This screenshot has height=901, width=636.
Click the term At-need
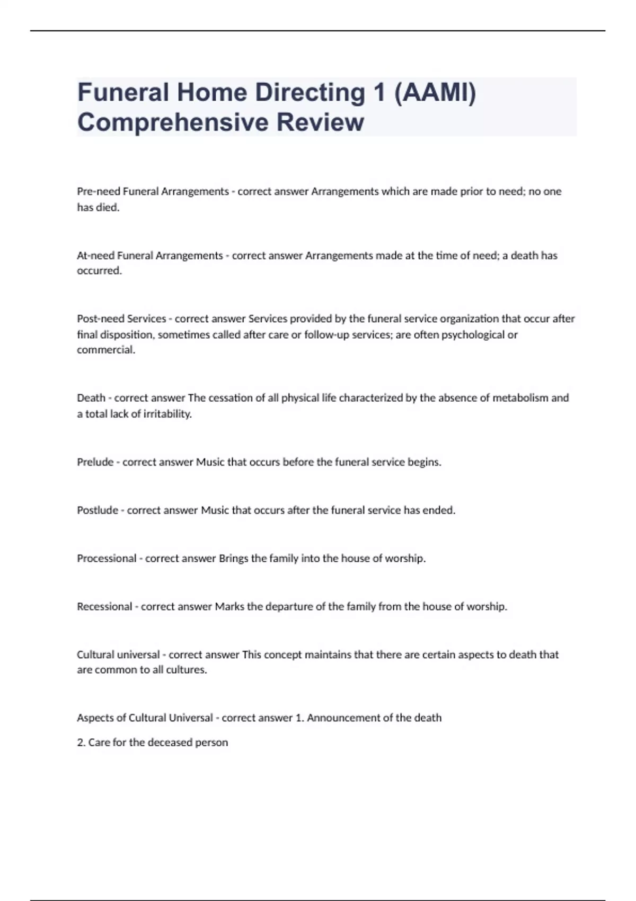95,255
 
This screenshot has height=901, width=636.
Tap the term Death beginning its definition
91,398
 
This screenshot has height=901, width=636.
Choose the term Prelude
95,462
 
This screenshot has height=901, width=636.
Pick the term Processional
107,559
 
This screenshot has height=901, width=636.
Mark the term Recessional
104,606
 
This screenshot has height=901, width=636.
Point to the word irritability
167,414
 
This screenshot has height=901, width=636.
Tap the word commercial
106,350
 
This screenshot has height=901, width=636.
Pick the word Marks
229,606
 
